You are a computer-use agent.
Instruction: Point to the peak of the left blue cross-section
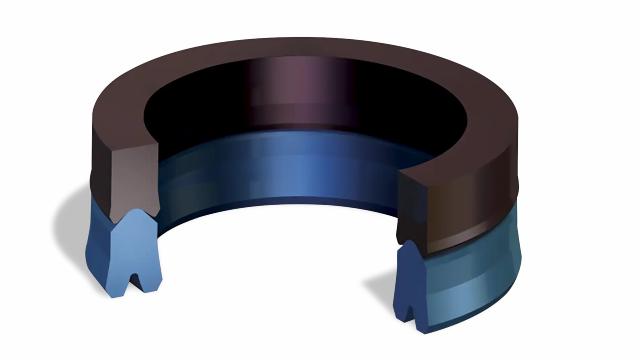click(x=129, y=215)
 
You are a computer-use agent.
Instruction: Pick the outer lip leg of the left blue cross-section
click(x=107, y=270)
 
